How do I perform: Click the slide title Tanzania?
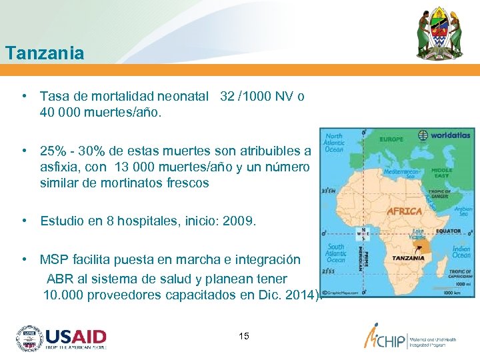coord(44,53)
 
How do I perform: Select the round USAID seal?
coord(29,339)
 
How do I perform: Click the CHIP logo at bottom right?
coord(409,338)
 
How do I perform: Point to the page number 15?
coord(243,336)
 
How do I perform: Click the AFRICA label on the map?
coord(404,211)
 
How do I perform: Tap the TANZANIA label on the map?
coord(408,257)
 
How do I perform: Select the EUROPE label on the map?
coord(391,140)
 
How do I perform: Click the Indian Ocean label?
coord(461,252)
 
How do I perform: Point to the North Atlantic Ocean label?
coord(334,143)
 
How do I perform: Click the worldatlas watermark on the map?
coord(446,135)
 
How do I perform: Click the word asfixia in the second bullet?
coord(59,167)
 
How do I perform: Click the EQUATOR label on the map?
coord(448,231)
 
